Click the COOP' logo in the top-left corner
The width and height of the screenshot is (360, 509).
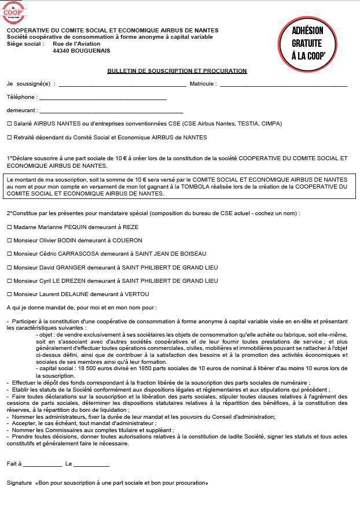pyautogui.click(x=14, y=12)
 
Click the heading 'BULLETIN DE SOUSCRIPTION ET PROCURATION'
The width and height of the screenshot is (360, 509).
pyautogui.click(x=177, y=71)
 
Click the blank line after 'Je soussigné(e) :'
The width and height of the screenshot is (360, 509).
pyautogui.click(x=122, y=84)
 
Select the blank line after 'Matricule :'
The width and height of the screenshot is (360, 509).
pyautogui.click(x=284, y=84)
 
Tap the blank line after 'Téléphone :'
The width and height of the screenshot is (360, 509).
pyautogui.click(x=103, y=98)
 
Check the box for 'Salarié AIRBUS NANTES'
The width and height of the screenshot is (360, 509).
pyautogui.click(x=9, y=124)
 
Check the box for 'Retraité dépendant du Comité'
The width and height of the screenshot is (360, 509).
pyautogui.click(x=9, y=138)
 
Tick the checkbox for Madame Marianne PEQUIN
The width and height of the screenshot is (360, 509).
pyautogui.click(x=9, y=227)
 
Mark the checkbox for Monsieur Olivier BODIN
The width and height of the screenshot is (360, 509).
pyautogui.click(x=9, y=241)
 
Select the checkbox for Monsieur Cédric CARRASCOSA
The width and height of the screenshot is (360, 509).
pyautogui.click(x=9, y=254)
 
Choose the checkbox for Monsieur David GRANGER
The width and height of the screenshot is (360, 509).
pyautogui.click(x=9, y=267)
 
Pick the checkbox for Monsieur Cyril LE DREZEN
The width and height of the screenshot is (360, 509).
pyautogui.click(x=9, y=281)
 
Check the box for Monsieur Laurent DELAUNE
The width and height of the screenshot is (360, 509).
pyautogui.click(x=9, y=294)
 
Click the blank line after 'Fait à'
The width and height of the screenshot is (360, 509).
pyautogui.click(x=42, y=464)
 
